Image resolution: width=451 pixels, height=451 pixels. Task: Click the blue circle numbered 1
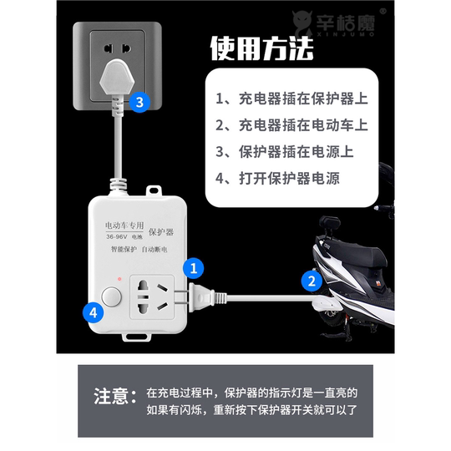[x=194, y=268]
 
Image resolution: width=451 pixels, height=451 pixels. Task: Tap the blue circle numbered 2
[x=311, y=281]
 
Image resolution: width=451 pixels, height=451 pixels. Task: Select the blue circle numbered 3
[x=140, y=103]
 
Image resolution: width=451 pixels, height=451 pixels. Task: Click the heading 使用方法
[x=261, y=48]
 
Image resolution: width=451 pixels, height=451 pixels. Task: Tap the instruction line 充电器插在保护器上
[x=292, y=99]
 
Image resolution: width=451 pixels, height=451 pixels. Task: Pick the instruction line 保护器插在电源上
[x=286, y=152]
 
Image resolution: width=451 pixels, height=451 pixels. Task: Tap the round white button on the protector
[x=111, y=297]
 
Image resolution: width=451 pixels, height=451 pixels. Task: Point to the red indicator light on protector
[x=121, y=277]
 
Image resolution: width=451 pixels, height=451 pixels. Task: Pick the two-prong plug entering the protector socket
[x=201, y=295]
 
